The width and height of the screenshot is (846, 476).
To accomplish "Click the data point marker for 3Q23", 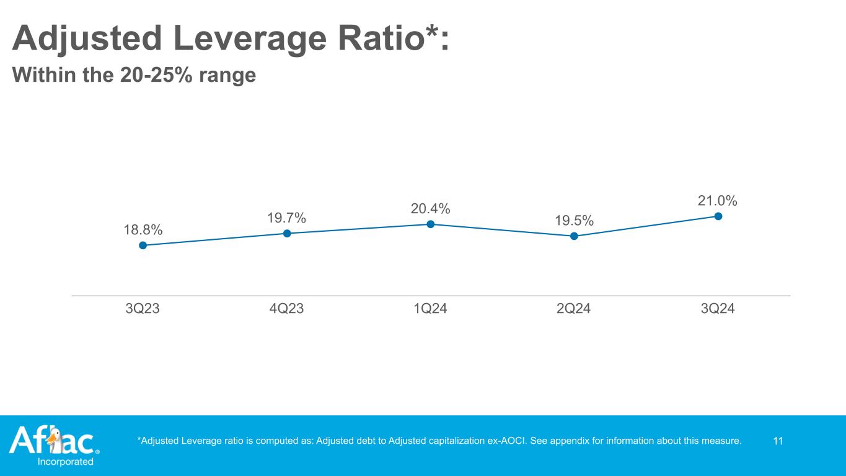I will pyautogui.click(x=143, y=245).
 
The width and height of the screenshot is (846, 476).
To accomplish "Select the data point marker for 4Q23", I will pyautogui.click(x=287, y=234).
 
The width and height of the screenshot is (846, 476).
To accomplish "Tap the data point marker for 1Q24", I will pyautogui.click(x=430, y=224).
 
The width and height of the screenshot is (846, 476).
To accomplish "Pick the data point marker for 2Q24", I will pyautogui.click(x=574, y=236).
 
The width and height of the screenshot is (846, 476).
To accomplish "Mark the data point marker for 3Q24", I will pyautogui.click(x=718, y=216).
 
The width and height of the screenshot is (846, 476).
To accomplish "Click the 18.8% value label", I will pyautogui.click(x=143, y=230).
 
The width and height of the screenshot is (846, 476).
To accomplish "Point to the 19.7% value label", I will pyautogui.click(x=287, y=218).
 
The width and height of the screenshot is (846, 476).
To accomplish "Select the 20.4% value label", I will pyautogui.click(x=430, y=209).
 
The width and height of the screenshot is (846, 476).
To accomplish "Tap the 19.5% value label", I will pyautogui.click(x=574, y=221).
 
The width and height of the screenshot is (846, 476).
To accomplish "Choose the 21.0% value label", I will pyautogui.click(x=718, y=201).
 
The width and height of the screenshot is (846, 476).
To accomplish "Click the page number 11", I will pyautogui.click(x=778, y=441).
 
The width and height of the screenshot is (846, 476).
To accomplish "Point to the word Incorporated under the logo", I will pyautogui.click(x=66, y=462).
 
